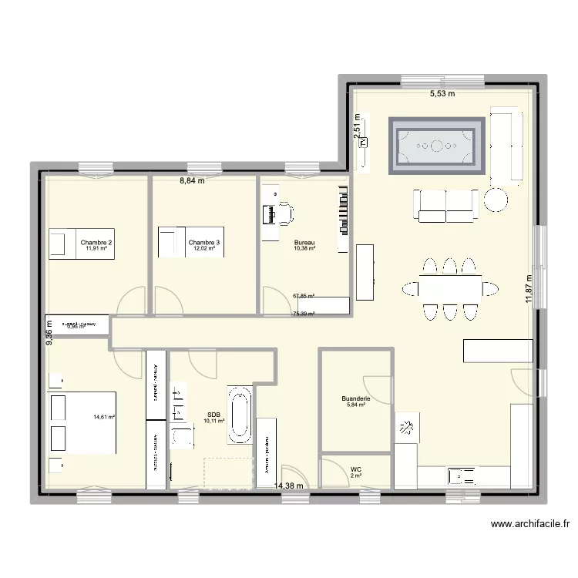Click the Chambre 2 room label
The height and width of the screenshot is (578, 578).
pos(96,243)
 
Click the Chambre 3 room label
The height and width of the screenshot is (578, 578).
pos(204,243)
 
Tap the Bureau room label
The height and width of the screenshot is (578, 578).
pos(304,243)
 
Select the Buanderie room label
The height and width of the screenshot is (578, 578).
pos(357,398)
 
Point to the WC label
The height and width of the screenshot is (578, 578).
pos(355,469)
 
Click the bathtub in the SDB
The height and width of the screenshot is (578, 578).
pos(239,415)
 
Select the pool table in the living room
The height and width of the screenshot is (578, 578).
pos(437,143)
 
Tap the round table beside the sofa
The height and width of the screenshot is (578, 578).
pos(496,202)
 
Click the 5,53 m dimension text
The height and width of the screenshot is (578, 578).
pos(442,94)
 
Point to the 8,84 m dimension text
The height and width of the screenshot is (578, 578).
pos(193,181)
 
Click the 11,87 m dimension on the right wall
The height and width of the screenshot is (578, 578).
pos(529,290)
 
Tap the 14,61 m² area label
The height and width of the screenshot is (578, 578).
pos(104,417)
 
